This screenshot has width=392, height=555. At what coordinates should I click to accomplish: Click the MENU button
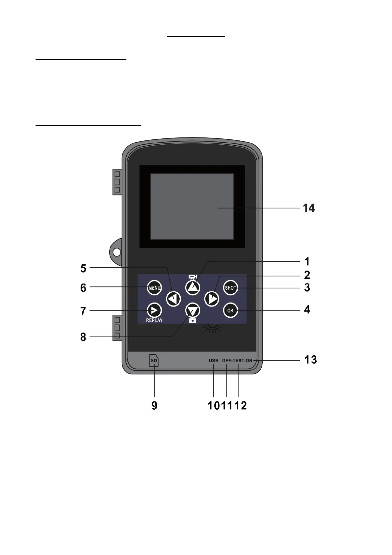point(154,288)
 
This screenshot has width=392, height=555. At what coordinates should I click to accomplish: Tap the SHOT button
point(230,288)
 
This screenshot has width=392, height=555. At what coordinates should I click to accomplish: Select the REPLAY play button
point(154,310)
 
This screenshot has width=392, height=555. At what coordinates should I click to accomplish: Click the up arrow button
point(193,288)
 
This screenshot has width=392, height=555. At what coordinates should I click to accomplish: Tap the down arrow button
point(193,310)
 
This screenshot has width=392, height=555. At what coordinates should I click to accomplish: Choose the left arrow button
point(173,299)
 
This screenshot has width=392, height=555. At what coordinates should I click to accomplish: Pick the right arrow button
point(212,299)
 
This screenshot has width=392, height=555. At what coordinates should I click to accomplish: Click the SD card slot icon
point(154,361)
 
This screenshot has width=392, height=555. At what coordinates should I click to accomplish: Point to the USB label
point(214,361)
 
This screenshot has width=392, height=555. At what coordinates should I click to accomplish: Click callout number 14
point(309,208)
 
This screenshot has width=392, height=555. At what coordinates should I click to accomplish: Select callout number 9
point(154,405)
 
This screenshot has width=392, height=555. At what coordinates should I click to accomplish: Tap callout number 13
point(310,360)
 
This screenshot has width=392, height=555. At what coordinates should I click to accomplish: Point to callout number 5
point(83,269)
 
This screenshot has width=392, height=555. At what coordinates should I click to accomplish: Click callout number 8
point(83,337)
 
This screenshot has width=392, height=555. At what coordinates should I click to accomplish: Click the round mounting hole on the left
point(117,252)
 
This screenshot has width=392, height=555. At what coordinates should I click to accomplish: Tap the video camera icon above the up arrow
point(193,277)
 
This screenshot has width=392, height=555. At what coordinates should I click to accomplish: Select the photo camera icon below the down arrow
point(193,320)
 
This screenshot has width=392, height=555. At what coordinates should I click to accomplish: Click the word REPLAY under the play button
point(154,320)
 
